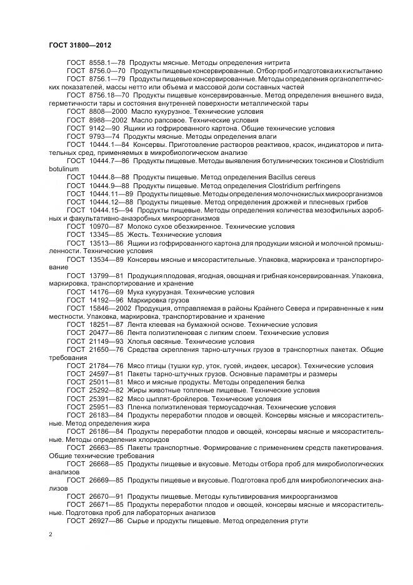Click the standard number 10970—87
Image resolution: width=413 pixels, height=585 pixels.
[x=106, y=226]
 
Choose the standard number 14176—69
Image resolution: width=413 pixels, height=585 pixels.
[x=106, y=291]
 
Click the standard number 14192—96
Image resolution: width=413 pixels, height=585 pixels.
[x=106, y=299]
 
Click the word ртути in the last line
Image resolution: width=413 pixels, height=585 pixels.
[x=297, y=521]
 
